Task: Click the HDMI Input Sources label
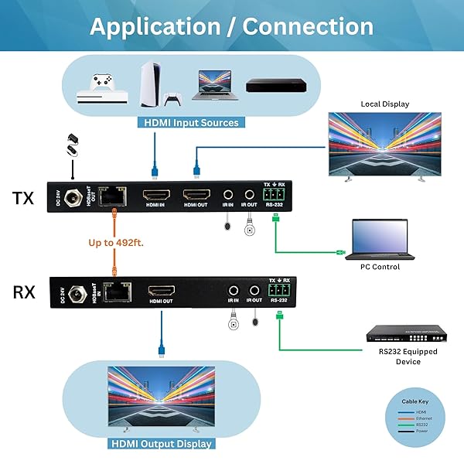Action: coord(191,122)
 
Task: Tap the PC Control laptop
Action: coord(380,241)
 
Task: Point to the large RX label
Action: coord(23,292)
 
